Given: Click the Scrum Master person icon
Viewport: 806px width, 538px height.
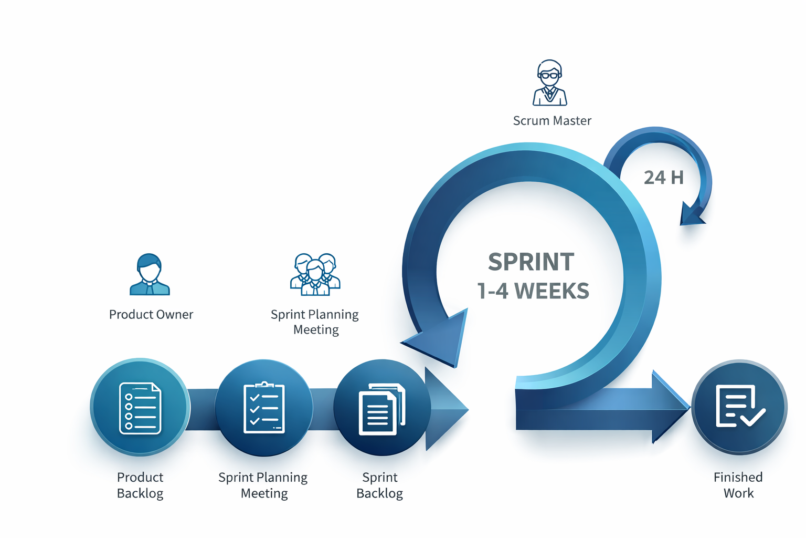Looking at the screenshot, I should point(549,83).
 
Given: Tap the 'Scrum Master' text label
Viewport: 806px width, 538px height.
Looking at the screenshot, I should point(552,121).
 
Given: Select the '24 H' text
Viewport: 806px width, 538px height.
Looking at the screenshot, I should point(663,178).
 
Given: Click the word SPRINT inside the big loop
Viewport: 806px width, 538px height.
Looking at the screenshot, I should point(531,262).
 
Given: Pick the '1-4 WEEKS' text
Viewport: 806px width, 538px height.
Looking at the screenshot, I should point(533,291).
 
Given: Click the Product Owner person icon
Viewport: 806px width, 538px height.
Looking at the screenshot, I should point(150,275).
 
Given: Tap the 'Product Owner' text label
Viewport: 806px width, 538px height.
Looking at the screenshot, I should point(151,315).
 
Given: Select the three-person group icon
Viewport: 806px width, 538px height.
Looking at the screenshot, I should point(315,274).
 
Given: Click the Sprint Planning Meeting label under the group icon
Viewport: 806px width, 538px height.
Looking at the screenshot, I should point(315,322).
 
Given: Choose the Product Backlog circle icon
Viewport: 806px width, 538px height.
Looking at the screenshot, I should point(140,408).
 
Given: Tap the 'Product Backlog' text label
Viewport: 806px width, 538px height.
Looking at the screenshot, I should point(140,485).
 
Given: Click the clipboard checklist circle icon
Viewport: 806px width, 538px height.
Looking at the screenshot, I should point(264,408).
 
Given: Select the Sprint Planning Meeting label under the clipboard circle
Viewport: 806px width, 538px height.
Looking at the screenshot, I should point(263,485).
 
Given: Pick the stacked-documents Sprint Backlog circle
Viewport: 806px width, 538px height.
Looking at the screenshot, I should point(381,408).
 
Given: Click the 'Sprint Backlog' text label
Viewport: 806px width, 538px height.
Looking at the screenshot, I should point(379,485).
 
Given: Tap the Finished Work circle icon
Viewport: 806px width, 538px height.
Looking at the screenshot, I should point(739,407).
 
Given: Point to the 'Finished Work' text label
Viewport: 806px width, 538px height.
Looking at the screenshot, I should point(738,485).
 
